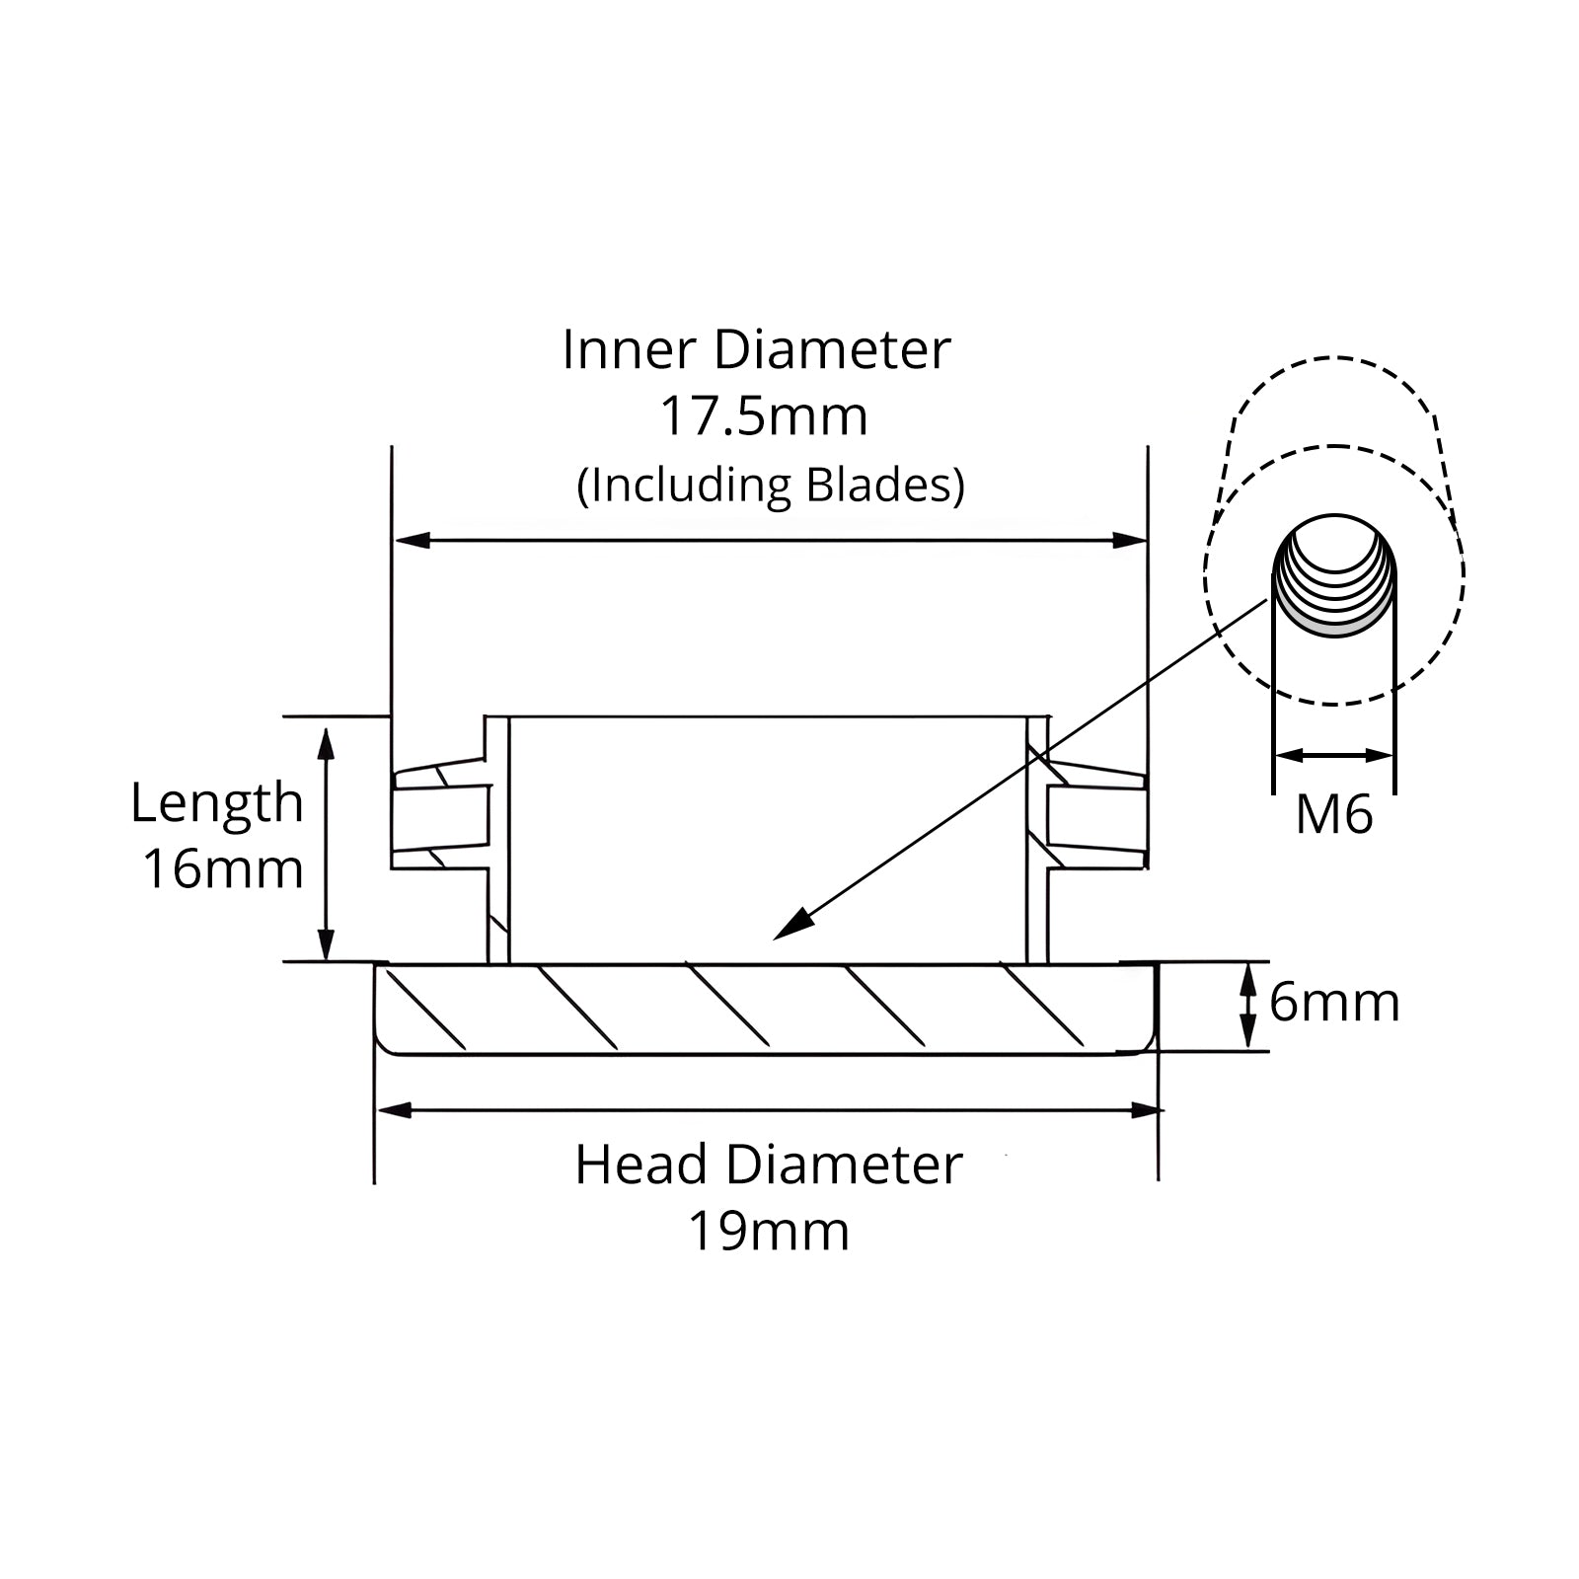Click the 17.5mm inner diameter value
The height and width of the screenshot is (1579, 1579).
click(763, 416)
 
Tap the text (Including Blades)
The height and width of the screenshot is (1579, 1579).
click(771, 486)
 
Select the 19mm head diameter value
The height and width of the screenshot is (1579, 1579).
click(768, 1231)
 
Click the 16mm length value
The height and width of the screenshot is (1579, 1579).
click(223, 869)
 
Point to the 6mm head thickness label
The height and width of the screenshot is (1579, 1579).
click(1334, 1003)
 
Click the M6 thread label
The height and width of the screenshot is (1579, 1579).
click(1334, 815)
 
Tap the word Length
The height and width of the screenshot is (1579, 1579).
click(217, 801)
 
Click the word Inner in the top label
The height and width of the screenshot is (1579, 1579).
click(630, 349)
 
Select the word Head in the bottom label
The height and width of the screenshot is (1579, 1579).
click(641, 1165)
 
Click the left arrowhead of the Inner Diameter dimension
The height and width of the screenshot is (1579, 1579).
click(413, 541)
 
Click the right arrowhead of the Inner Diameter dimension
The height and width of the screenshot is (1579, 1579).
click(1129, 541)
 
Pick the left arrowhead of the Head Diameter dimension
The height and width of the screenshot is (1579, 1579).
click(395, 1111)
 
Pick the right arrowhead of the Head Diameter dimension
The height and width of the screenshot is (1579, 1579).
click(1145, 1111)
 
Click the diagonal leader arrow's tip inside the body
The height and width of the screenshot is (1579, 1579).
click(776, 939)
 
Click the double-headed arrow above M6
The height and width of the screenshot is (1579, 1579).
click(1334, 756)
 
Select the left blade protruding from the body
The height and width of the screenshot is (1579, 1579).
click(440, 814)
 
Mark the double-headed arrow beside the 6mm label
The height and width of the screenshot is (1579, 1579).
click(1248, 1006)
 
